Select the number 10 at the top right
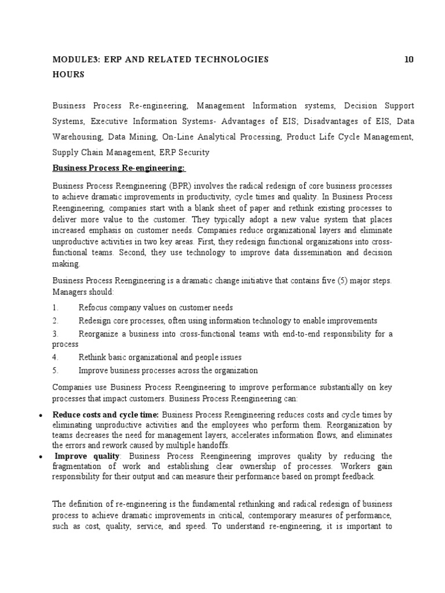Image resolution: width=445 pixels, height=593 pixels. click(x=409, y=59)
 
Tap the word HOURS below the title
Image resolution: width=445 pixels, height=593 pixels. click(x=68, y=74)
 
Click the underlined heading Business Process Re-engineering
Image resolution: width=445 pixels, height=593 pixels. click(x=119, y=168)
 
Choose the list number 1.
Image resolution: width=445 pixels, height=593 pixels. click(x=55, y=308)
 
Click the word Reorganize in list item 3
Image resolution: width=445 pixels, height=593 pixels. click(x=100, y=334)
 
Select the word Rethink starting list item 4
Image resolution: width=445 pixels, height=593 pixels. click(x=92, y=357)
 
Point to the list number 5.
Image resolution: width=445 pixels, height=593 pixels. click(x=55, y=371)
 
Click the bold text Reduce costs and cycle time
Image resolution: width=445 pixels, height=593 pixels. click(x=105, y=415)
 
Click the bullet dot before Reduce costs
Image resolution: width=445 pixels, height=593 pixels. click(x=39, y=415)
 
